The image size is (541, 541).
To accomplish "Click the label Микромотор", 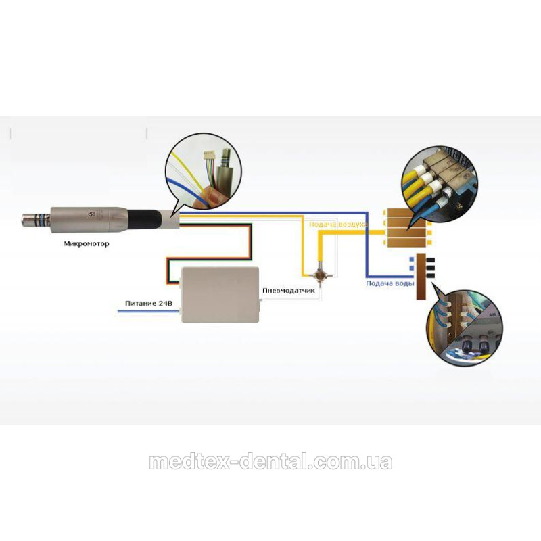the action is (x=87, y=243).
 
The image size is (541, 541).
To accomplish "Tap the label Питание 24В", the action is (x=148, y=303).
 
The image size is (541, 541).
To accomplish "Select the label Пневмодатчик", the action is (x=289, y=291).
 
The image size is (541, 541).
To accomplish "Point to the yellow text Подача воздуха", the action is (x=338, y=225).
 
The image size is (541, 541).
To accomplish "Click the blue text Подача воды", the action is (x=390, y=283).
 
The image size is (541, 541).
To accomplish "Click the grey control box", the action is (x=220, y=295).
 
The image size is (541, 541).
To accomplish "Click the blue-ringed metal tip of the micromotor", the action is (x=37, y=219).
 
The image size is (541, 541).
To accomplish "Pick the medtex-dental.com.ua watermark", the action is (x=270, y=462).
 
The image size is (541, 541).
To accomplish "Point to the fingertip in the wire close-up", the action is (x=209, y=196).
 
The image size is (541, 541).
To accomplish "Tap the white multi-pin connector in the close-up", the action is (x=210, y=158).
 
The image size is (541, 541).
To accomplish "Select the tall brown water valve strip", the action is (x=421, y=277).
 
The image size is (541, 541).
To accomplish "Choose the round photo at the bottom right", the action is (x=464, y=328).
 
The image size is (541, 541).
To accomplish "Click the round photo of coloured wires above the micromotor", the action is (x=204, y=171).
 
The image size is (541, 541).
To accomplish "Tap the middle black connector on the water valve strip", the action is (x=430, y=268).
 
